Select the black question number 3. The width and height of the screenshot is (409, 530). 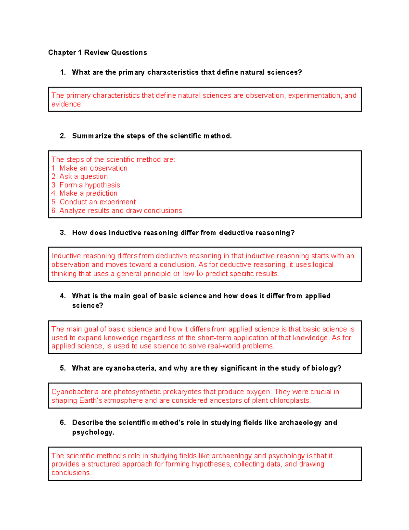pyautogui.click(x=62, y=233)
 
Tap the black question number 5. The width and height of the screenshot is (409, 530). pyautogui.click(x=62, y=368)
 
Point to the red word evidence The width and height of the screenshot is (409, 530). pyautogui.click(x=66, y=104)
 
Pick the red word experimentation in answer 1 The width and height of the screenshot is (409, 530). pyautogui.click(x=314, y=96)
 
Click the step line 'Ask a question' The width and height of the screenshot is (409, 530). pyautogui.click(x=80, y=176)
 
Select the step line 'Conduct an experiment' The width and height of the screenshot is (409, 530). pyautogui.click(x=94, y=202)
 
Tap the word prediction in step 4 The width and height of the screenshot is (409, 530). pyautogui.click(x=102, y=194)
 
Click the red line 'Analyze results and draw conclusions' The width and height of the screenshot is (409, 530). pyautogui.click(x=117, y=211)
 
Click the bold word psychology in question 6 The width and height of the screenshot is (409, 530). pyautogui.click(x=93, y=432)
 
